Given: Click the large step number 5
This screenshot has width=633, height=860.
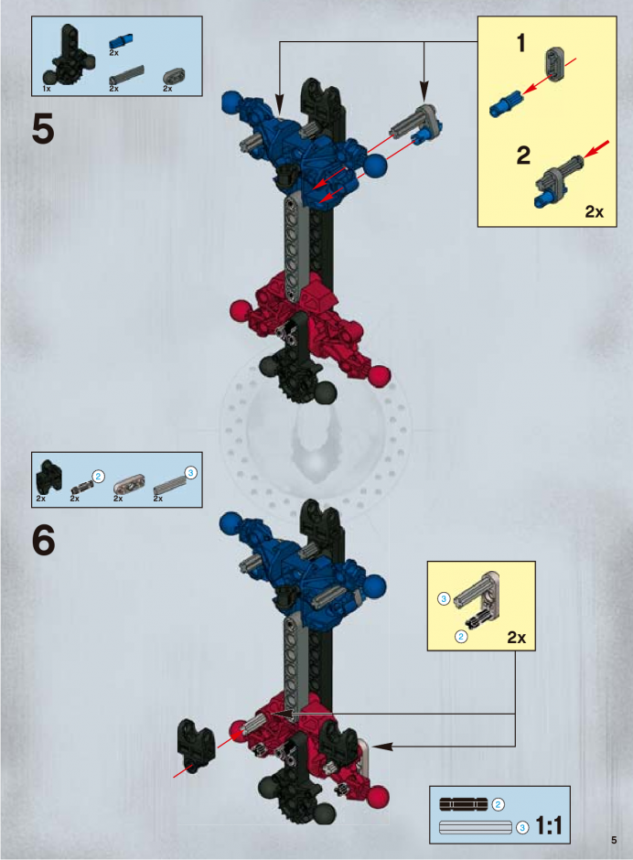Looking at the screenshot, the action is (43, 129).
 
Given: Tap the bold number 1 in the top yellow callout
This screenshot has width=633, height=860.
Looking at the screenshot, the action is (521, 43).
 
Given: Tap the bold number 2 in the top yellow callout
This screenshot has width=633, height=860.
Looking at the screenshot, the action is (523, 156).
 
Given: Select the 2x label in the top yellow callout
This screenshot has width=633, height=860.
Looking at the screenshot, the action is (594, 211).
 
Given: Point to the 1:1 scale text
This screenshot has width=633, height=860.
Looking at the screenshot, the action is (549, 825).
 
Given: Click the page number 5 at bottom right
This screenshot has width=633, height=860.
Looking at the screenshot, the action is (614, 840).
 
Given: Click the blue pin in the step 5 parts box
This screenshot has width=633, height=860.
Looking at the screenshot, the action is (122, 41).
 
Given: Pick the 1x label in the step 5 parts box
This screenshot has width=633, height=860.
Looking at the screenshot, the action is (47, 89).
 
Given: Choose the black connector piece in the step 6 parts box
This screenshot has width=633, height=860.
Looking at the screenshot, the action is (48, 476).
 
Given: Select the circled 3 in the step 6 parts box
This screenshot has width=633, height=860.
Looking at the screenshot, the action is (190, 473).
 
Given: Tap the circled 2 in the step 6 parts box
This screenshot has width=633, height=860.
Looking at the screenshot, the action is (98, 476).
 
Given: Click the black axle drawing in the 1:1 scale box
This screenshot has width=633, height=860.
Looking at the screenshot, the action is (464, 804).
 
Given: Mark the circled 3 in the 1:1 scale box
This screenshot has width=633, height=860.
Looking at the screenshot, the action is (522, 827).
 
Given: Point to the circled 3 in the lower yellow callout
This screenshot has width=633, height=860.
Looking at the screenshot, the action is (444, 599).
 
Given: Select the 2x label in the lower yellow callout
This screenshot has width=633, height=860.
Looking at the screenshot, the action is (516, 638).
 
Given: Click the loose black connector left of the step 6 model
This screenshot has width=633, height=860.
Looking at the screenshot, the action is (194, 746).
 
